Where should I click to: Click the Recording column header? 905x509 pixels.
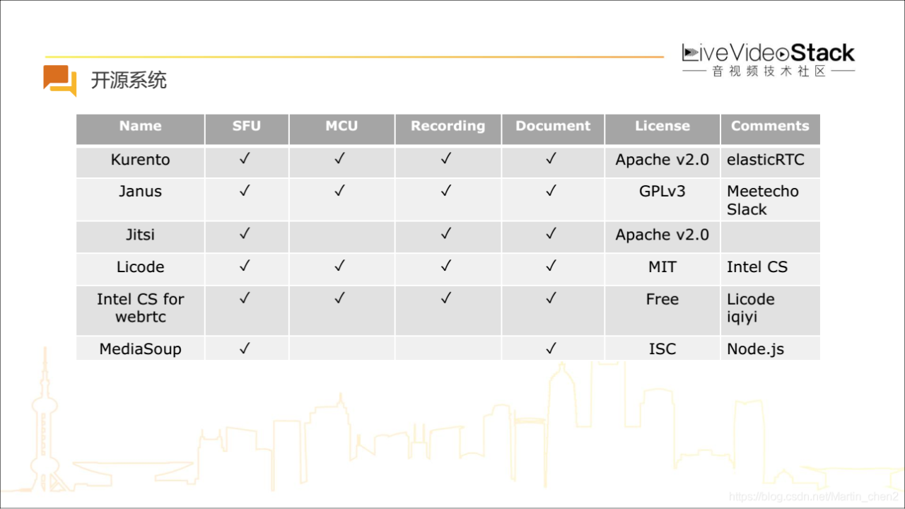[448, 126]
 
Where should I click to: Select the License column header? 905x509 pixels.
[662, 126]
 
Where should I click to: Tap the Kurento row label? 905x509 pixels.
[140, 160]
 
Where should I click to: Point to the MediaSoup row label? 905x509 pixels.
[140, 349]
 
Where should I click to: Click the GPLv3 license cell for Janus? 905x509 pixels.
[662, 191]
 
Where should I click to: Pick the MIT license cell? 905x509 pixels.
[662, 267]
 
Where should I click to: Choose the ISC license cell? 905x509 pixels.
[662, 349]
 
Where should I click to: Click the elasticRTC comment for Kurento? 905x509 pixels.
[766, 160]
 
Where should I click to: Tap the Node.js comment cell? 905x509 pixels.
[755, 349]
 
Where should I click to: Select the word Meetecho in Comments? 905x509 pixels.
[763, 191]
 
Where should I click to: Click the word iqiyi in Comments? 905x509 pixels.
[742, 317]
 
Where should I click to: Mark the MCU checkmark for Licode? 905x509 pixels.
[340, 265]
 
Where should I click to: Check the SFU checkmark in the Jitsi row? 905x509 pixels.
[245, 233]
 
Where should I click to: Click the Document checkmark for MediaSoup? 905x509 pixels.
[551, 348]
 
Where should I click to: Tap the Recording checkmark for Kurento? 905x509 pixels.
[446, 158]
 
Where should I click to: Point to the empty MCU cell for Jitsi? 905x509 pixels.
[341, 237]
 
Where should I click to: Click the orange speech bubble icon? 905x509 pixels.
[60, 81]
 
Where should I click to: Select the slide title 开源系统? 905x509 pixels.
[129, 80]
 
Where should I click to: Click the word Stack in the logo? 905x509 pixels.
[822, 53]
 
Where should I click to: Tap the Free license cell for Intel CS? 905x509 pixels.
[662, 299]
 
